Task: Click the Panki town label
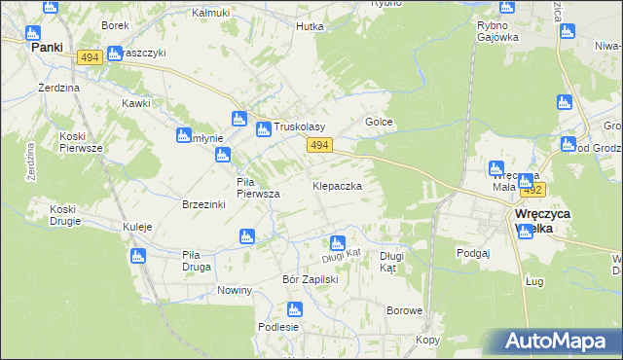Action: [x=46, y=46]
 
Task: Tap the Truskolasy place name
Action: [x=299, y=127]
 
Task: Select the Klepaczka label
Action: [x=338, y=185]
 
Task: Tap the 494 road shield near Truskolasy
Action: [x=320, y=145]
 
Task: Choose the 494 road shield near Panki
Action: [x=90, y=58]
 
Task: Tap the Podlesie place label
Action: [x=277, y=327]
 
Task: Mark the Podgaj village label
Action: [x=472, y=252]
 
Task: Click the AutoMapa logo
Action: [x=553, y=342]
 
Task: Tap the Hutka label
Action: [x=310, y=27]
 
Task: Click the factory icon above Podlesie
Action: [x=295, y=309]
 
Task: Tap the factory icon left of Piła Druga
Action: [x=136, y=256]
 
